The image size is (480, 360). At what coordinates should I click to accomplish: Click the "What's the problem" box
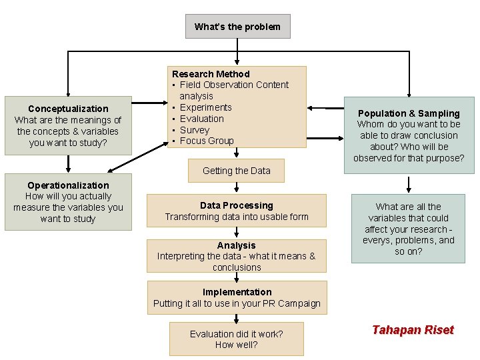[237, 27]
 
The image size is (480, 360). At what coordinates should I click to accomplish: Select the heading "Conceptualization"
[68, 109]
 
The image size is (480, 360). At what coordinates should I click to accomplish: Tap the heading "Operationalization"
[68, 185]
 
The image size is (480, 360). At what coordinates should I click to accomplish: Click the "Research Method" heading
[211, 74]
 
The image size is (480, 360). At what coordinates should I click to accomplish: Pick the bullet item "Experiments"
[205, 107]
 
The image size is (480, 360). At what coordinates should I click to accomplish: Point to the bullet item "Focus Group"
[207, 141]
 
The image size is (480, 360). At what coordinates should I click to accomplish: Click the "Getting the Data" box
[237, 171]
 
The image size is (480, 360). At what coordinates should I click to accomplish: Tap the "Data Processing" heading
[237, 205]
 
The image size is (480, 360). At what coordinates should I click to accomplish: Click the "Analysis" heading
[237, 245]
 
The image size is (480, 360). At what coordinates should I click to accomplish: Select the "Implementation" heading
[237, 292]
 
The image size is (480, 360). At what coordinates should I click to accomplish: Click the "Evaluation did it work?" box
[237, 339]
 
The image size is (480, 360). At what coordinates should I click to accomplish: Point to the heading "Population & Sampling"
[409, 113]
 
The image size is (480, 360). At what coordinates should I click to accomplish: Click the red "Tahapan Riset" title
[413, 330]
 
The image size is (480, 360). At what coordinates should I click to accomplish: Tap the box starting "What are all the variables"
[409, 229]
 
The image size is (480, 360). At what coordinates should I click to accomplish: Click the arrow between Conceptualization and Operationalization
[68, 164]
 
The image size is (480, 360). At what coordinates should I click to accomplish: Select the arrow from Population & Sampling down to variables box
[409, 183]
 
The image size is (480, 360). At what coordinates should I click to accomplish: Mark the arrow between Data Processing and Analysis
[237, 232]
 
